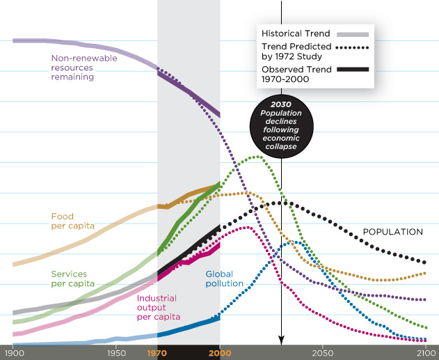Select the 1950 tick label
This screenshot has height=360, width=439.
pyautogui.click(x=116, y=353)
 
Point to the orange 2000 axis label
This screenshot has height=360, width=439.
pyautogui.click(x=219, y=353)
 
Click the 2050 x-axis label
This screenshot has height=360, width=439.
pyautogui.click(x=322, y=353)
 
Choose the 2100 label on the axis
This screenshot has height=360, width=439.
pyautogui.click(x=424, y=353)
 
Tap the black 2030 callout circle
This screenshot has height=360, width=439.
pyautogui.click(x=282, y=125)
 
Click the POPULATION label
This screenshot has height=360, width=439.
pyautogui.click(x=393, y=232)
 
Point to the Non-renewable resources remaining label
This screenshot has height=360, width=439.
pyautogui.click(x=83, y=68)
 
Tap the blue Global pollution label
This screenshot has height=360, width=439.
pyautogui.click(x=224, y=279)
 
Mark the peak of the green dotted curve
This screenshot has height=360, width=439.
pyautogui.click(x=257, y=157)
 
